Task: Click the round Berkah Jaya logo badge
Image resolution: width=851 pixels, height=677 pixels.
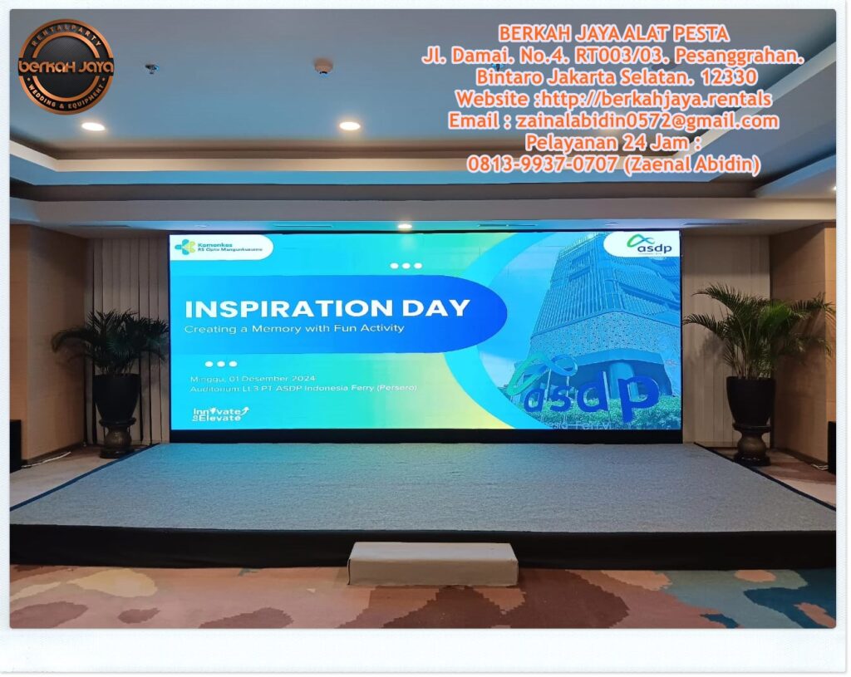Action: [x=66, y=66]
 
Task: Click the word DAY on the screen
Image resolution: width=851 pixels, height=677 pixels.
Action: [x=438, y=308]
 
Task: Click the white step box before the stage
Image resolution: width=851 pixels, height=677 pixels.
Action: [x=432, y=563]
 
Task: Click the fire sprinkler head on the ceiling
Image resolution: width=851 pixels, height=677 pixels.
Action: [x=150, y=68]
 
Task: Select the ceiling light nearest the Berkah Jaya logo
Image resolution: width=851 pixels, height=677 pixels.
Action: [x=93, y=126]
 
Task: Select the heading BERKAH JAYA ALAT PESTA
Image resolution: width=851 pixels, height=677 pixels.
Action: [x=613, y=34]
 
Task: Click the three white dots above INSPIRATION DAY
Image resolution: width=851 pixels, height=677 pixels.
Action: [x=406, y=266]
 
